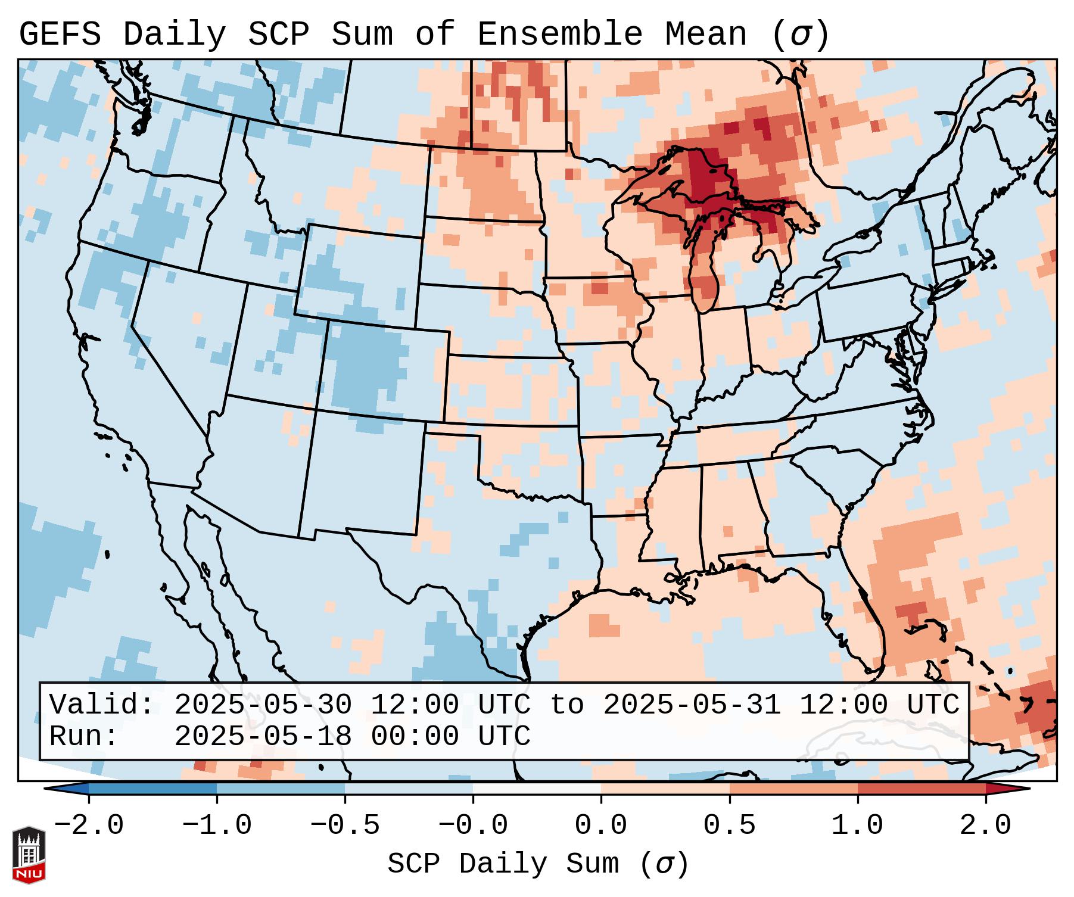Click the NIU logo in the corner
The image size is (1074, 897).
point(29,854)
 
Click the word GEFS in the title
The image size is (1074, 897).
point(60,35)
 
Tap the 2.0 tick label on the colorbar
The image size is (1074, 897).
point(985,826)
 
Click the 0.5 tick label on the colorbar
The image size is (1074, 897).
point(729,826)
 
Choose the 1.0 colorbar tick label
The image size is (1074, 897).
point(857,826)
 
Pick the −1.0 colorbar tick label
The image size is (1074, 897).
point(216,826)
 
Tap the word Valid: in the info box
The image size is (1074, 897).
point(102,705)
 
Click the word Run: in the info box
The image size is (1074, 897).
point(84,736)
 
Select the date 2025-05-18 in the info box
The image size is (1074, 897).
point(263,736)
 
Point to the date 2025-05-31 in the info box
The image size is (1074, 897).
point(692,705)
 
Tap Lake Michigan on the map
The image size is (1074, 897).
point(706,268)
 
